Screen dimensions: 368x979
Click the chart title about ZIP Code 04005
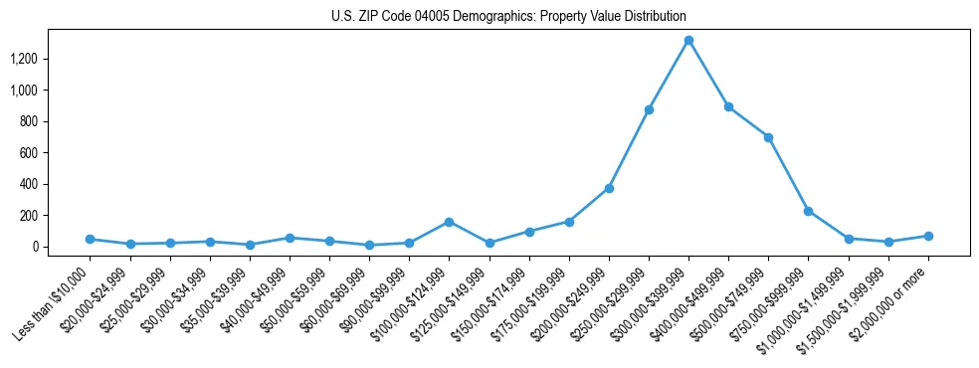pos(508,16)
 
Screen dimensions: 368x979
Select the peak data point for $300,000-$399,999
pos(688,41)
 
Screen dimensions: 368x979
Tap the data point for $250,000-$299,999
pos(649,109)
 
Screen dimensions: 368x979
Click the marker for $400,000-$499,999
pos(728,106)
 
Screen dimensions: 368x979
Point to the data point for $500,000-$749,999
pos(768,137)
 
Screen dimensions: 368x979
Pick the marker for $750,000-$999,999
pos(808,211)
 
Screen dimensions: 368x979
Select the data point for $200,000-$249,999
pos(609,188)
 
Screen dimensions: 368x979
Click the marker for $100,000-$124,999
pos(449,222)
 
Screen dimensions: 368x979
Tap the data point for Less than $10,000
pos(90,239)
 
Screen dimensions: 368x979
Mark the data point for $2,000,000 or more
pos(928,236)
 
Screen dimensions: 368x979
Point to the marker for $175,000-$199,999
pos(569,222)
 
